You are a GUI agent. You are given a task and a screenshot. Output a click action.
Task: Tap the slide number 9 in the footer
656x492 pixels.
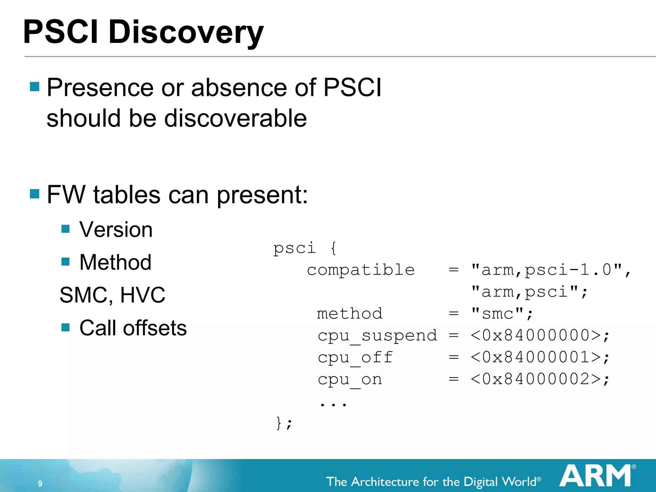(x=40, y=483)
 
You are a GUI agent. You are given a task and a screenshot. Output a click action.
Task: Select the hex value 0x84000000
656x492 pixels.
(x=536, y=335)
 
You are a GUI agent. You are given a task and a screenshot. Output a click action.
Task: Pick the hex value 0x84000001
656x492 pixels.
(x=536, y=357)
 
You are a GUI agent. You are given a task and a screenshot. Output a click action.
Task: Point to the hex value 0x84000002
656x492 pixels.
(x=536, y=379)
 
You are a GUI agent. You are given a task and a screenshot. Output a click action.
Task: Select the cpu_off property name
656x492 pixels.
(x=355, y=358)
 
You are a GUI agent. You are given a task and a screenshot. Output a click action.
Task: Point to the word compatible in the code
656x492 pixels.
(x=361, y=270)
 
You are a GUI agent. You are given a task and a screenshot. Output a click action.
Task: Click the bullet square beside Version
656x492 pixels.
(x=66, y=229)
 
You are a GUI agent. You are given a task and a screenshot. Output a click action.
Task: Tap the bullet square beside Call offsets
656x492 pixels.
(x=66, y=327)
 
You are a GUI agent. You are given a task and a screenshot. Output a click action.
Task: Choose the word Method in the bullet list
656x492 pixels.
(x=115, y=262)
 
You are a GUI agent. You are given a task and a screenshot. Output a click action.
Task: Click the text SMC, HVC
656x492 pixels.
(x=112, y=295)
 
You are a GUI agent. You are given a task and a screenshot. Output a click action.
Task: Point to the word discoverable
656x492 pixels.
(x=235, y=118)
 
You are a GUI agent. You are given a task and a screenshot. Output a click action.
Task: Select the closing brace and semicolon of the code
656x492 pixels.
(x=284, y=423)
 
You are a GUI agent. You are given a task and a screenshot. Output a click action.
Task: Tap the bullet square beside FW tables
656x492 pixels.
(x=35, y=194)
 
